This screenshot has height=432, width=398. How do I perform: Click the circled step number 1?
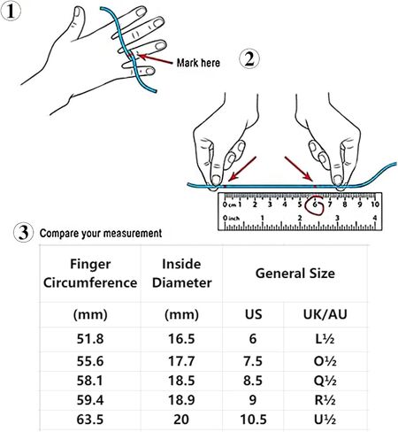pyautogui.click(x=11, y=12)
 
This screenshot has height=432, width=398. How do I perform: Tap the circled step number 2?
pyautogui.click(x=249, y=59)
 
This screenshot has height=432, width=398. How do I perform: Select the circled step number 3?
pyautogui.click(x=24, y=233)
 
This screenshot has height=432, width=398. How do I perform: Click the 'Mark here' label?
pyautogui.click(x=198, y=63)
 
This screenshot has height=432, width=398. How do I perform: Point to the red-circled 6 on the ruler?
pyautogui.click(x=315, y=204)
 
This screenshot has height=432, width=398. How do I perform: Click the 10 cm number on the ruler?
pyautogui.click(x=375, y=204)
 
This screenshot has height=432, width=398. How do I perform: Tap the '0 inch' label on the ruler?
pyautogui.click(x=231, y=218)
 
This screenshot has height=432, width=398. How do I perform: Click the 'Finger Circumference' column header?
pyautogui.click(x=90, y=274)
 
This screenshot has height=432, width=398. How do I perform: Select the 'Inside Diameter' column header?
pyautogui.click(x=181, y=274)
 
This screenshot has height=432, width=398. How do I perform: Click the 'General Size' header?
pyautogui.click(x=295, y=274)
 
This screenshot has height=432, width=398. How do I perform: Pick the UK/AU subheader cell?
pyautogui.click(x=325, y=314)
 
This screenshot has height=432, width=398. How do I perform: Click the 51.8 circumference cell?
pyautogui.click(x=90, y=339)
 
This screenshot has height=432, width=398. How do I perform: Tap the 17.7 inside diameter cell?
pyautogui.click(x=181, y=361)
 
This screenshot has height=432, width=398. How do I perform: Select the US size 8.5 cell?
pyautogui.click(x=253, y=381)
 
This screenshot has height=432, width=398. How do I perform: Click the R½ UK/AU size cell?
pyautogui.click(x=325, y=400)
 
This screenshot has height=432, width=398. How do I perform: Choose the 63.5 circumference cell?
pyautogui.click(x=90, y=420)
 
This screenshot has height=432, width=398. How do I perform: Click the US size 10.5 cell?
pyautogui.click(x=253, y=420)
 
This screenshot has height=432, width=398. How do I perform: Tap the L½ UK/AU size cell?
pyautogui.click(x=325, y=339)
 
